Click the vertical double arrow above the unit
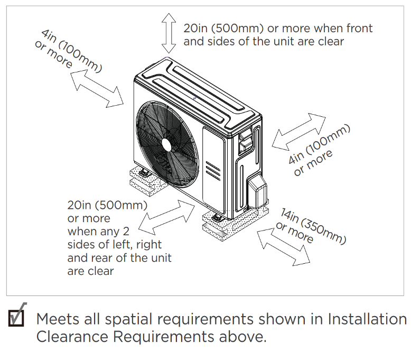click(x=169, y=31)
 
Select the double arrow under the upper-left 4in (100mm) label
click(x=97, y=88)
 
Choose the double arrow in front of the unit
click(x=167, y=216)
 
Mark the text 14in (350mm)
click(x=314, y=226)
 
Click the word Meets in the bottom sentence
click(x=59, y=320)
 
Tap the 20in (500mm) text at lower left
click(x=107, y=206)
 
